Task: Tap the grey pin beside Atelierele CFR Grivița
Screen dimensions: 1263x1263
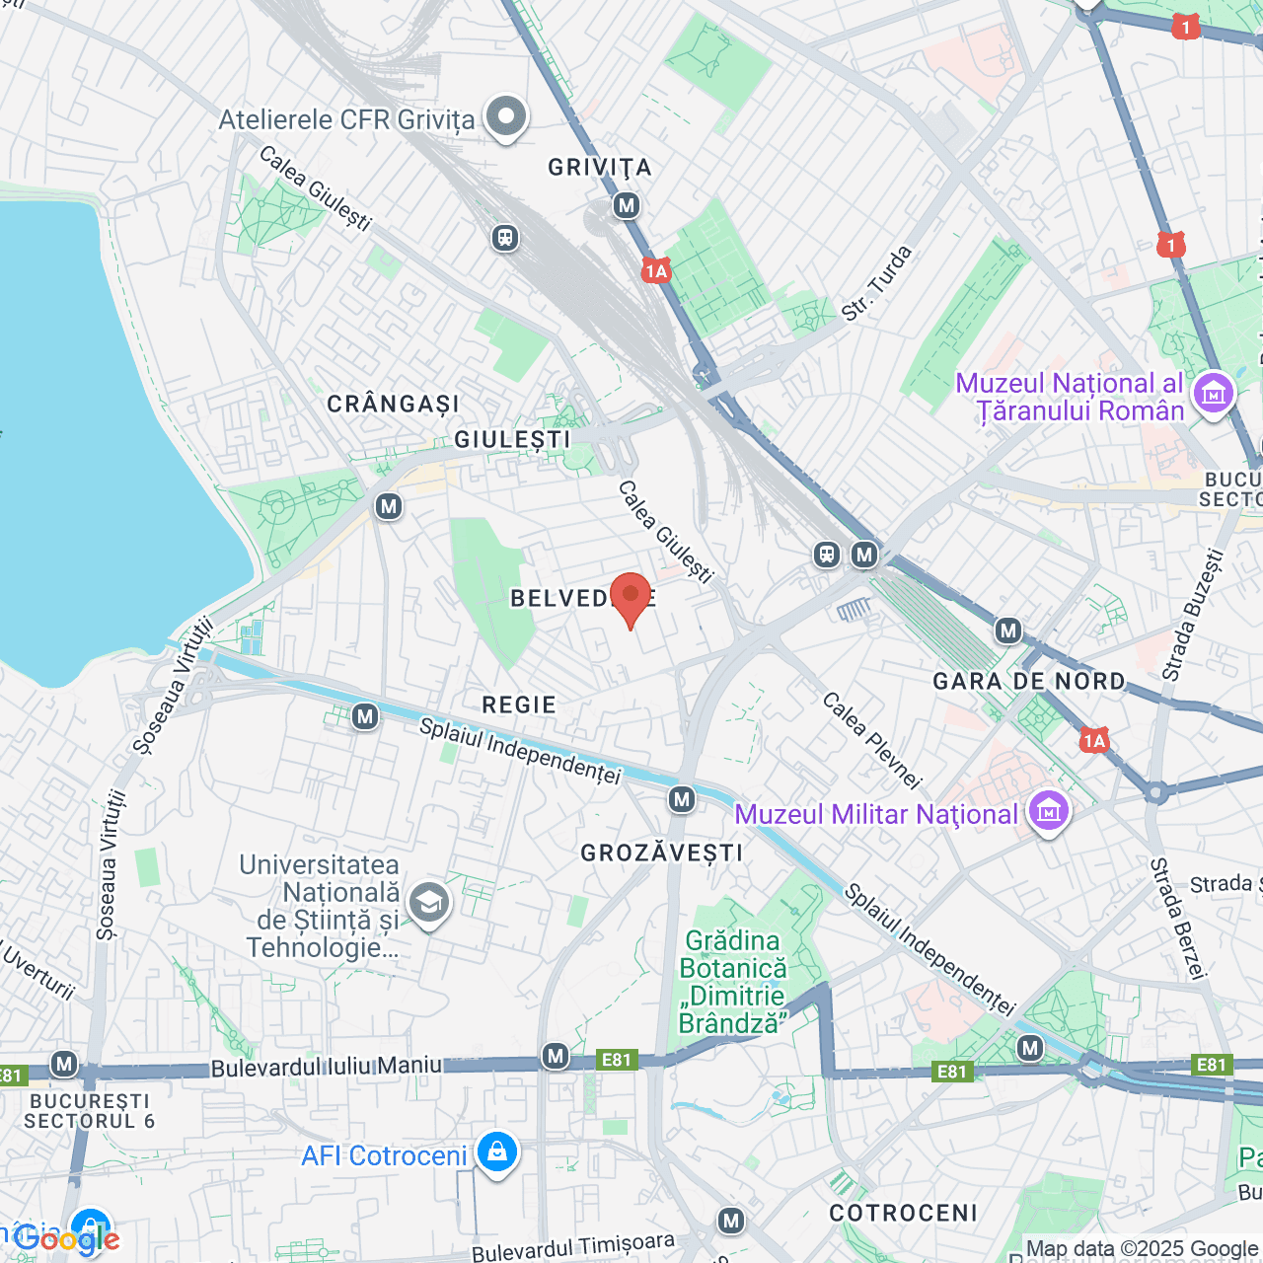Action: point(506,116)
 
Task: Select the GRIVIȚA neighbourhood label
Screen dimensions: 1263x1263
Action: point(600,168)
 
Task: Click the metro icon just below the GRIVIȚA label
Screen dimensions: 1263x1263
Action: point(627,205)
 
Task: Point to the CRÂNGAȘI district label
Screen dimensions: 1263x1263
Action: point(393,405)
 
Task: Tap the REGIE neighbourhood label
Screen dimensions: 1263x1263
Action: point(519,705)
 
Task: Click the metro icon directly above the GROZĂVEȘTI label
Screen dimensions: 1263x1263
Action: point(682,799)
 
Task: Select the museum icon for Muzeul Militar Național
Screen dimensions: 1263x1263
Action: point(1048,812)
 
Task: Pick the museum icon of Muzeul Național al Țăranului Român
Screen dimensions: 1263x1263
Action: point(1213,394)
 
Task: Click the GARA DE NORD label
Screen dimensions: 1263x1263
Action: point(1029,682)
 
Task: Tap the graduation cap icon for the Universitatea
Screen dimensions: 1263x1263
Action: point(429,902)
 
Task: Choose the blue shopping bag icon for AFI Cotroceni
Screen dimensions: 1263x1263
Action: point(496,1152)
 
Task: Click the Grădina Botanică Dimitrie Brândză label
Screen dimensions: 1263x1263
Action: point(733,982)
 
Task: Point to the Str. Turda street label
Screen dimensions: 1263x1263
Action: point(876,284)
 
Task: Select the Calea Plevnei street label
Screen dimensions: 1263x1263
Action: point(871,741)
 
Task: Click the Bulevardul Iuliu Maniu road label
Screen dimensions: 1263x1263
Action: point(326,1067)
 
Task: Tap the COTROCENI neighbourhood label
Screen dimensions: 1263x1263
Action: point(903,1213)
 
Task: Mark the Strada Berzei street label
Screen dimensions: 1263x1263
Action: point(1178,918)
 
